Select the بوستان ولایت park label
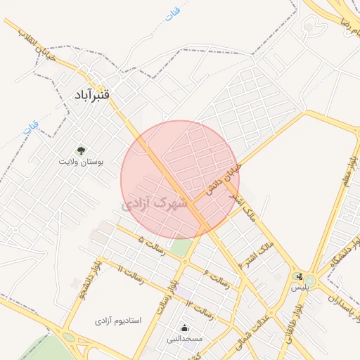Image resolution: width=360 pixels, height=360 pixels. (x=82, y=161)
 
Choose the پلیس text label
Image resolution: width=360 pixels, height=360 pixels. (x=300, y=288)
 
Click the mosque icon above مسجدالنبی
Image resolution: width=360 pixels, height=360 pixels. (x=184, y=327)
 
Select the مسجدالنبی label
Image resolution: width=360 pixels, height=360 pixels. (x=184, y=339)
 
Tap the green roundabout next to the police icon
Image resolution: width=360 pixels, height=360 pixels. (x=310, y=281)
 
